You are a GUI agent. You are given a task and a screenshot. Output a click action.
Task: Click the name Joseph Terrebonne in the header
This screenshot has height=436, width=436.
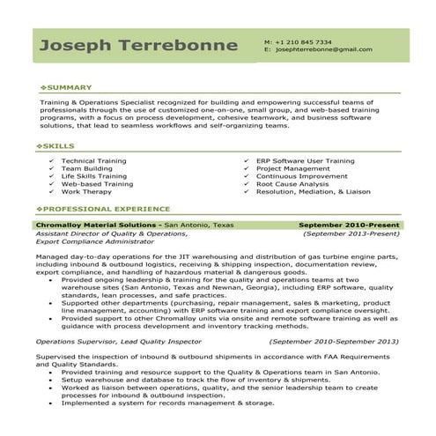[x=139, y=45]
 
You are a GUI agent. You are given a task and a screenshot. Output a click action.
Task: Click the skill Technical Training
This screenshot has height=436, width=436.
[x=95, y=161]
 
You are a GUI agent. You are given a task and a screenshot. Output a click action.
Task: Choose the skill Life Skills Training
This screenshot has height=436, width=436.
[x=94, y=176]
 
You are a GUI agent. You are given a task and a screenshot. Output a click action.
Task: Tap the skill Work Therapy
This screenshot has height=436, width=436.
[x=86, y=191]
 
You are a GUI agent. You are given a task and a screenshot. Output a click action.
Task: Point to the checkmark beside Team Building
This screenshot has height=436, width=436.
[x=51, y=169]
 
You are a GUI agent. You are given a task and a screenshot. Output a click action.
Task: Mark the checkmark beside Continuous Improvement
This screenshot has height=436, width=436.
[x=246, y=176]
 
